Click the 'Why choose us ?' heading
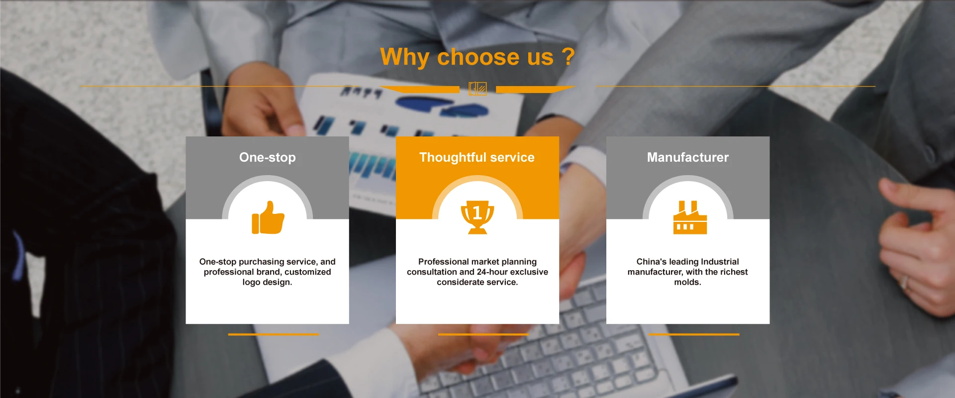coord(477,57)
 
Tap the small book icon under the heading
coord(477,89)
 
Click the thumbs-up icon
coord(268,217)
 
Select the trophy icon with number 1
coord(477,217)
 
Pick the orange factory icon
coord(690,217)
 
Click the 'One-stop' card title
coord(268,157)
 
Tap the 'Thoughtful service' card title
coord(477,157)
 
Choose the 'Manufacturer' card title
coord(688,157)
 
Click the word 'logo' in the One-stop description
coord(251,283)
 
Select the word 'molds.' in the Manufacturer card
coord(688,282)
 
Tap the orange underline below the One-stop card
coord(273,334)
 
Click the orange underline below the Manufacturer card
coord(694,334)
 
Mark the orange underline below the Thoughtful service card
coord(483,334)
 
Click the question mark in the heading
coord(569,56)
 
